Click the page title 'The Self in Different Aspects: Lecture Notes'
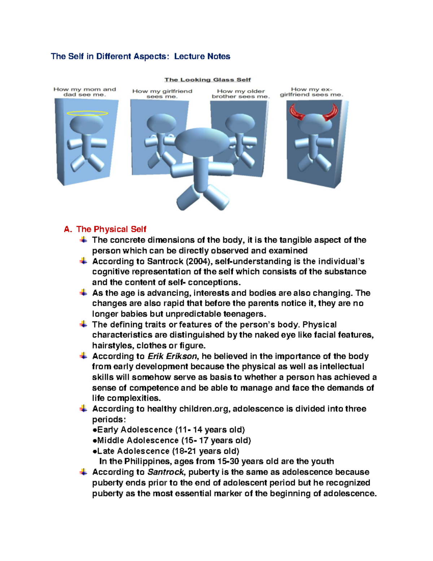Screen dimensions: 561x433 [140, 56]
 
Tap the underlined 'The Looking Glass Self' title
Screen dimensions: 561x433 [207, 80]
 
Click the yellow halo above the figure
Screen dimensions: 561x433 [87, 113]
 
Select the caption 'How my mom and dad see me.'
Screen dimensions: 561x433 [85, 92]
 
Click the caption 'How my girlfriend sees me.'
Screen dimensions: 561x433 [162, 94]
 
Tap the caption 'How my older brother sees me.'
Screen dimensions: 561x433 [241, 94]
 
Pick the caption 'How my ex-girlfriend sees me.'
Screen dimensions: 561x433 [311, 92]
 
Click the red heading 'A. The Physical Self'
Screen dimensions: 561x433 [105, 229]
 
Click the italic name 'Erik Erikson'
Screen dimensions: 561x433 [172, 356]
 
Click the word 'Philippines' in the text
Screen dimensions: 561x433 [148, 461]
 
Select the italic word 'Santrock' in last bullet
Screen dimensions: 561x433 [166, 472]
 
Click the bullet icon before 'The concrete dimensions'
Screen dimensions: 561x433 [83, 240]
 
